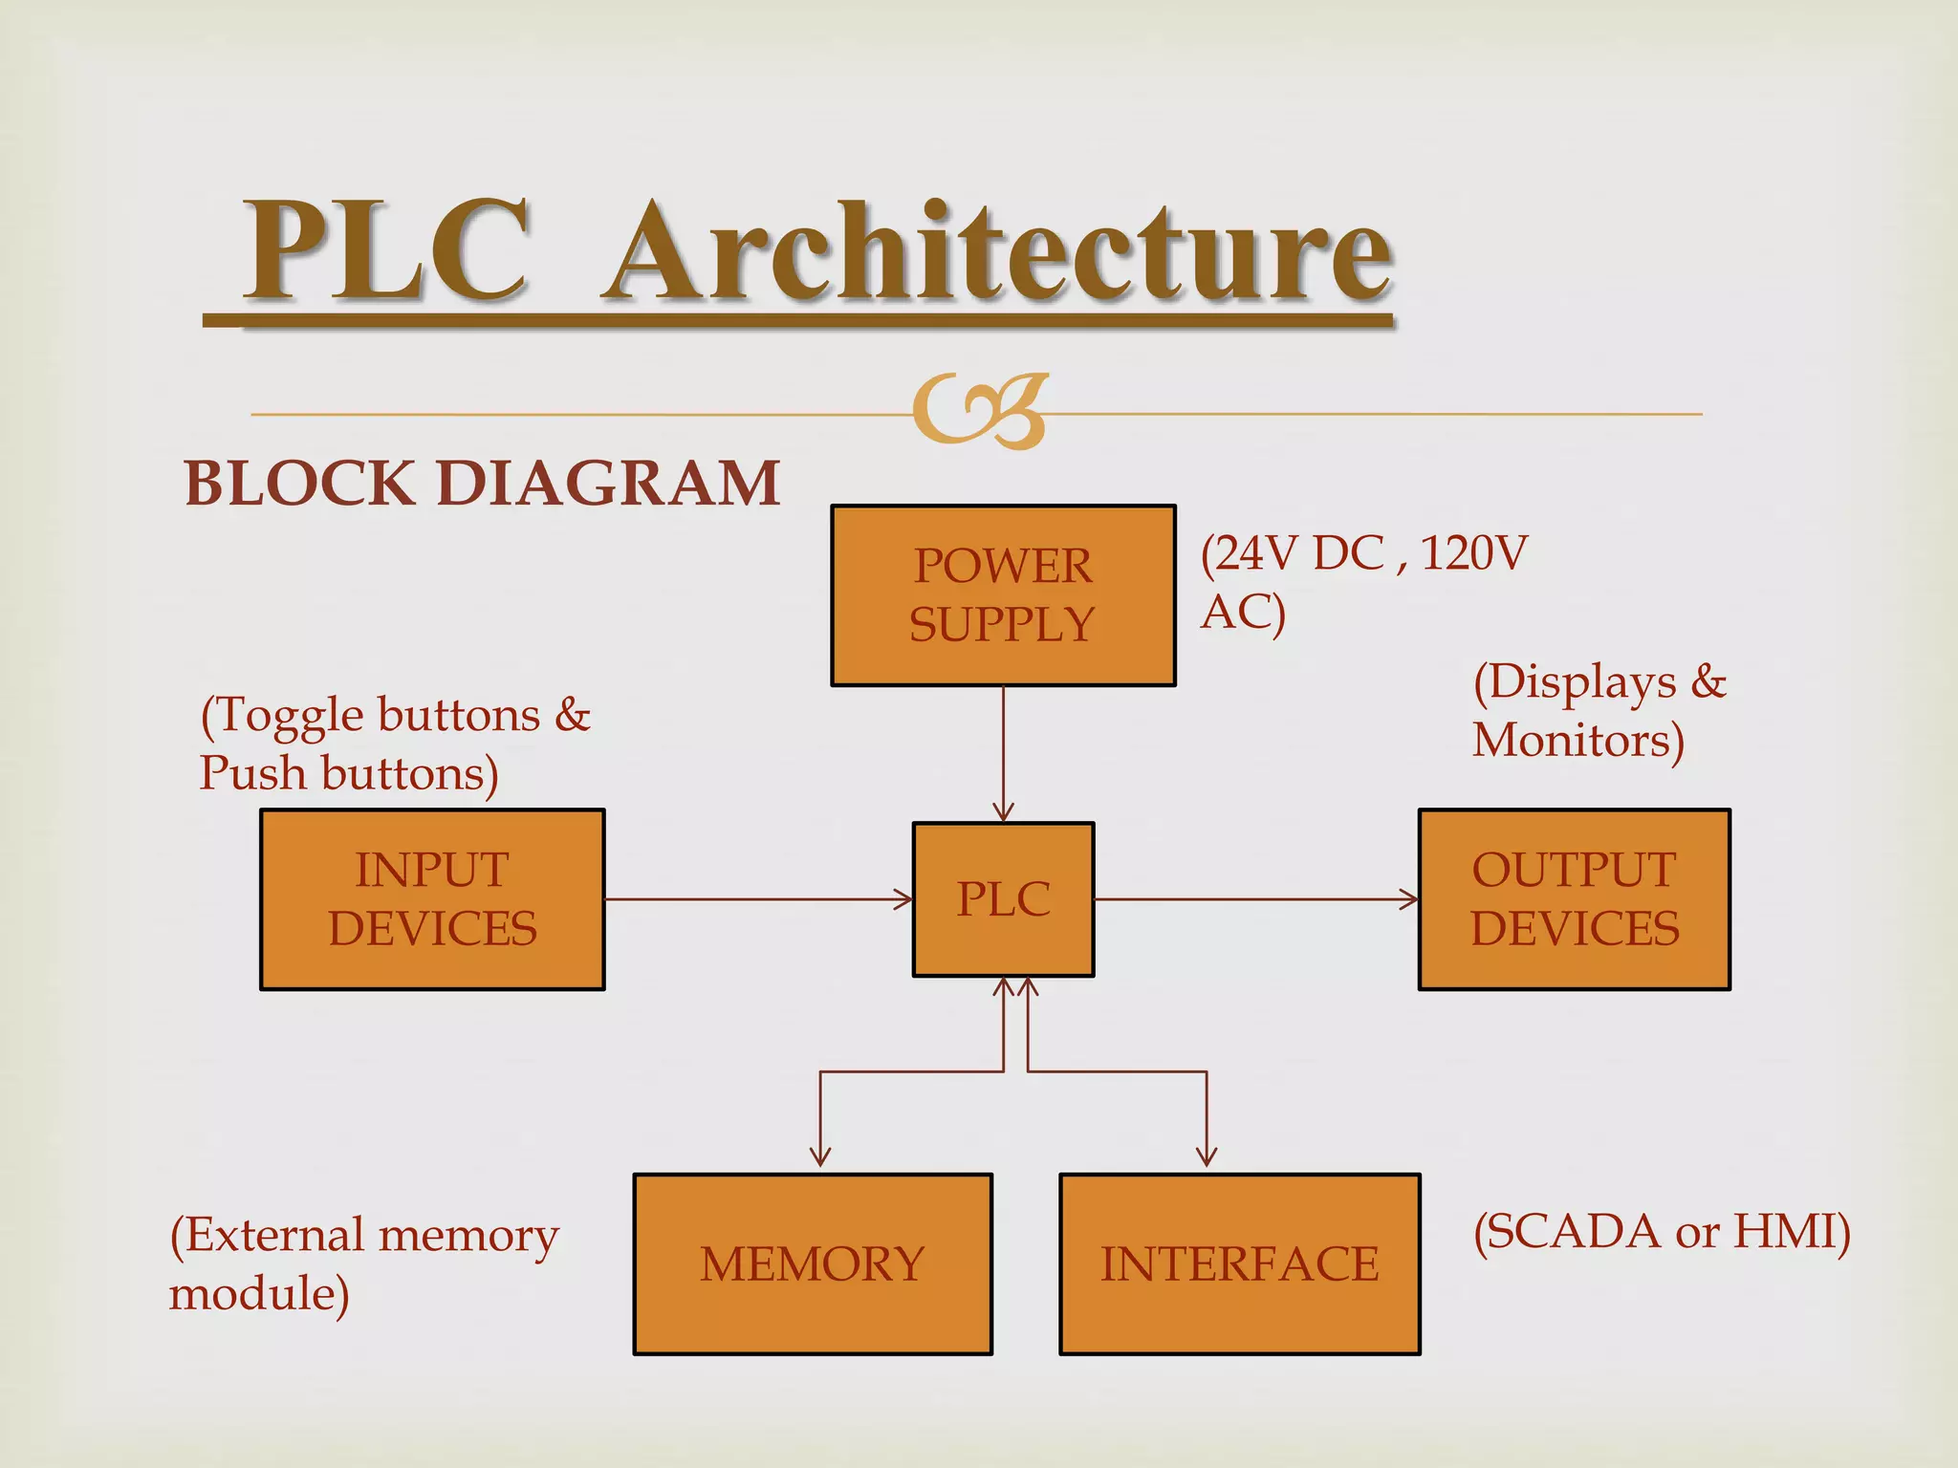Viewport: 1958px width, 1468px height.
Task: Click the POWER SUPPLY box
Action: [x=1003, y=595]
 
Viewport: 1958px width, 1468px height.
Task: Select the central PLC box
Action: [x=1003, y=899]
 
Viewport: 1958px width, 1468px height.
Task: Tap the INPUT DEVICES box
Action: [x=432, y=899]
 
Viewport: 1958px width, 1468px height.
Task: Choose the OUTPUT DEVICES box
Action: [x=1574, y=899]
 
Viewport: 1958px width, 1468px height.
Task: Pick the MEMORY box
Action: [x=813, y=1263]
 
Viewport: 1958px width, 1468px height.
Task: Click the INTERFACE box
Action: [x=1239, y=1263]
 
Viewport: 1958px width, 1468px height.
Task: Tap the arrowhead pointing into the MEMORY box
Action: [x=820, y=1156]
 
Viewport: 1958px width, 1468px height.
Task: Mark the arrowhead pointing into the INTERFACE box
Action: [x=1207, y=1156]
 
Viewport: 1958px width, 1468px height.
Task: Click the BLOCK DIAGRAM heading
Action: [x=482, y=483]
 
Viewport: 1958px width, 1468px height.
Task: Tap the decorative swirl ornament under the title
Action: [x=980, y=412]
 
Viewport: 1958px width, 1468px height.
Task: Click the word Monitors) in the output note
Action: [x=1578, y=741]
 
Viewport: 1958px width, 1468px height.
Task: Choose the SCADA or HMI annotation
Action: [x=1662, y=1231]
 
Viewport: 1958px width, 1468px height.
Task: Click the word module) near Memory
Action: [x=259, y=1294]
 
